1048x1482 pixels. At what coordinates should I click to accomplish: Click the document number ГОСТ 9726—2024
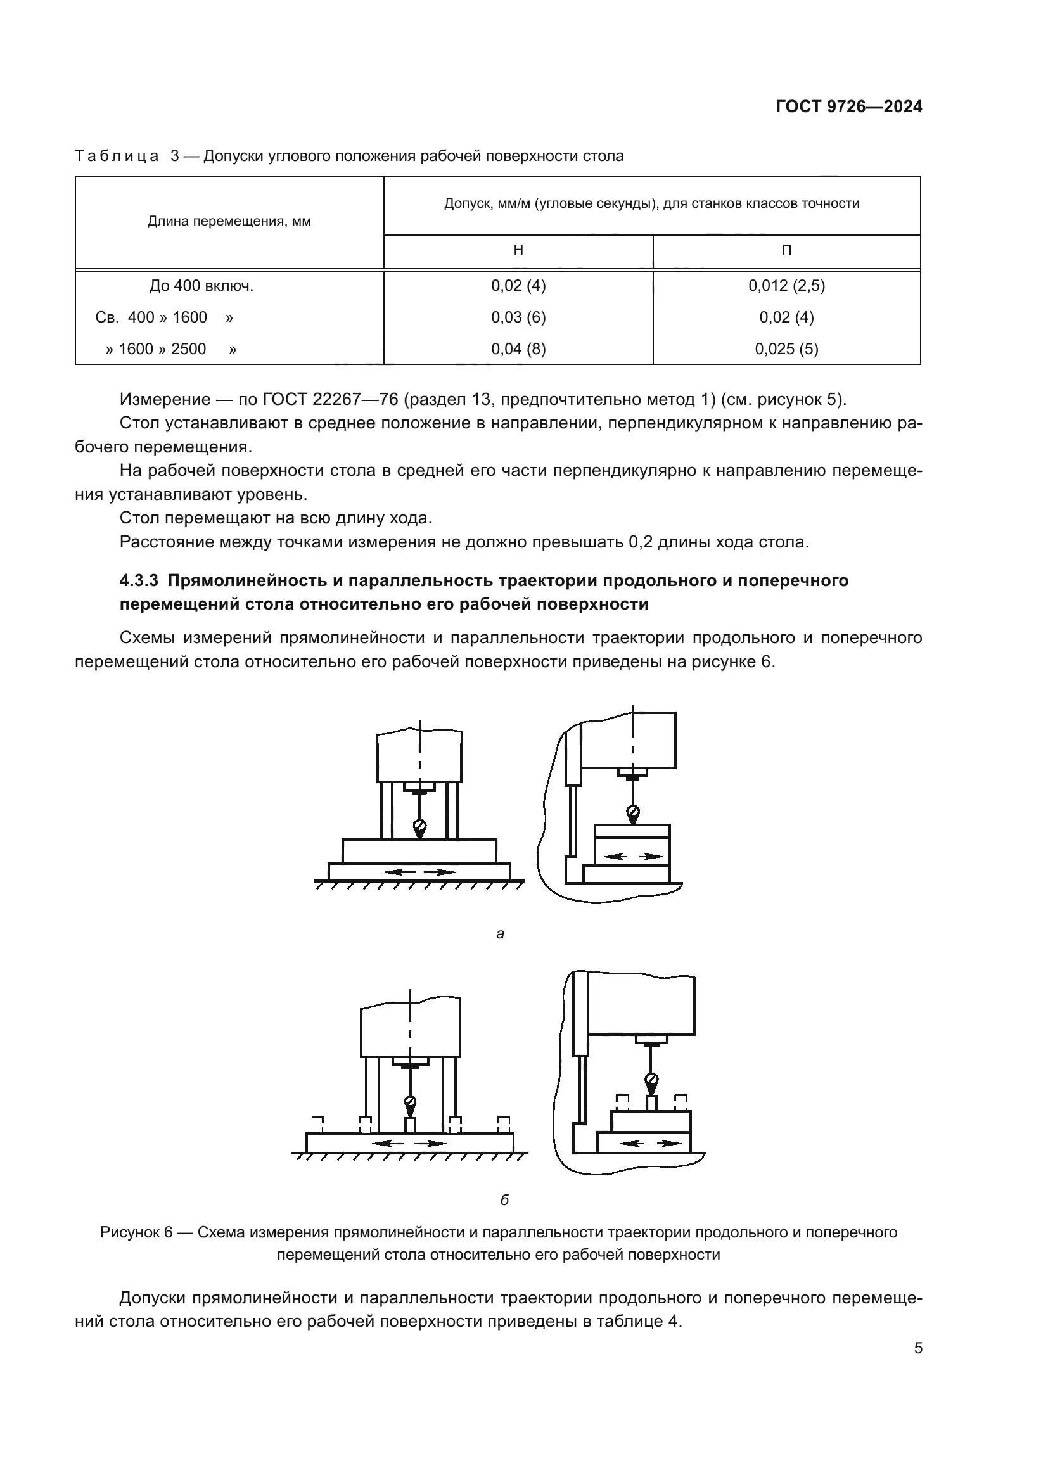[848, 107]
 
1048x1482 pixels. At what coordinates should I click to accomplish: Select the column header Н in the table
[518, 250]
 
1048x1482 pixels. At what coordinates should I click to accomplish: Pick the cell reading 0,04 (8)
[518, 349]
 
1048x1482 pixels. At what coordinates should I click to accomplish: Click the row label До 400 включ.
[201, 286]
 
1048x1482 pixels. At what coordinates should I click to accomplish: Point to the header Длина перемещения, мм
[229, 221]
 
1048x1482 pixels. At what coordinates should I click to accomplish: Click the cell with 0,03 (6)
[518, 317]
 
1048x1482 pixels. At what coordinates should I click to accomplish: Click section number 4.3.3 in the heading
[139, 581]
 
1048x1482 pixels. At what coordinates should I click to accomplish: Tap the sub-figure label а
[500, 934]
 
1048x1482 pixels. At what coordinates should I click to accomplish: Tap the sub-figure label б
[504, 1200]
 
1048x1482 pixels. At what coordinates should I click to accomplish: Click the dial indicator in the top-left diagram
[420, 827]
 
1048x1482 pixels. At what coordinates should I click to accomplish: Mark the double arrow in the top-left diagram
[419, 872]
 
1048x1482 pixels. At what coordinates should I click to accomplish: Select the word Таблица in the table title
[117, 157]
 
